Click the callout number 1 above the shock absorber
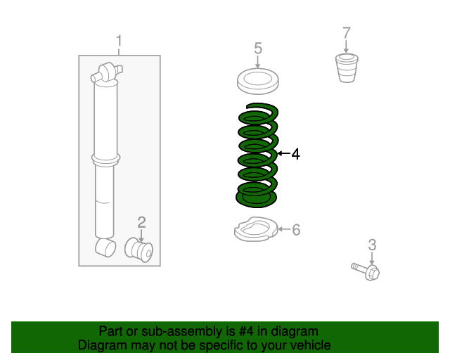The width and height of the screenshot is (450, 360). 119,41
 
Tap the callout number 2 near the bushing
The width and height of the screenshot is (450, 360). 141,222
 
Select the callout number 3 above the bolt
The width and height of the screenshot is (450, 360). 372,245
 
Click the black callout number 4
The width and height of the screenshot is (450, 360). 295,154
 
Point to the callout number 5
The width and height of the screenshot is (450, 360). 258,49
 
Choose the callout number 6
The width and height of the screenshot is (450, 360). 296,230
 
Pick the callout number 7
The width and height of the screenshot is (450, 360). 347,33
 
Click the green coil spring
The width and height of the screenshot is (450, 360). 257,155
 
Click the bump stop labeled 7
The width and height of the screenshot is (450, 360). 347,67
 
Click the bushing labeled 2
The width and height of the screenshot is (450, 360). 139,250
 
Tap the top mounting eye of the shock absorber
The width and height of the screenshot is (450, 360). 106,73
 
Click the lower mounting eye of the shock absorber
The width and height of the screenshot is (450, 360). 105,247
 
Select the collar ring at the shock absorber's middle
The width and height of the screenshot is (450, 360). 106,160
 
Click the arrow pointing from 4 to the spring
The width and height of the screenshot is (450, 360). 284,153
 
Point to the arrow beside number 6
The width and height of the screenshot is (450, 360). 284,229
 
